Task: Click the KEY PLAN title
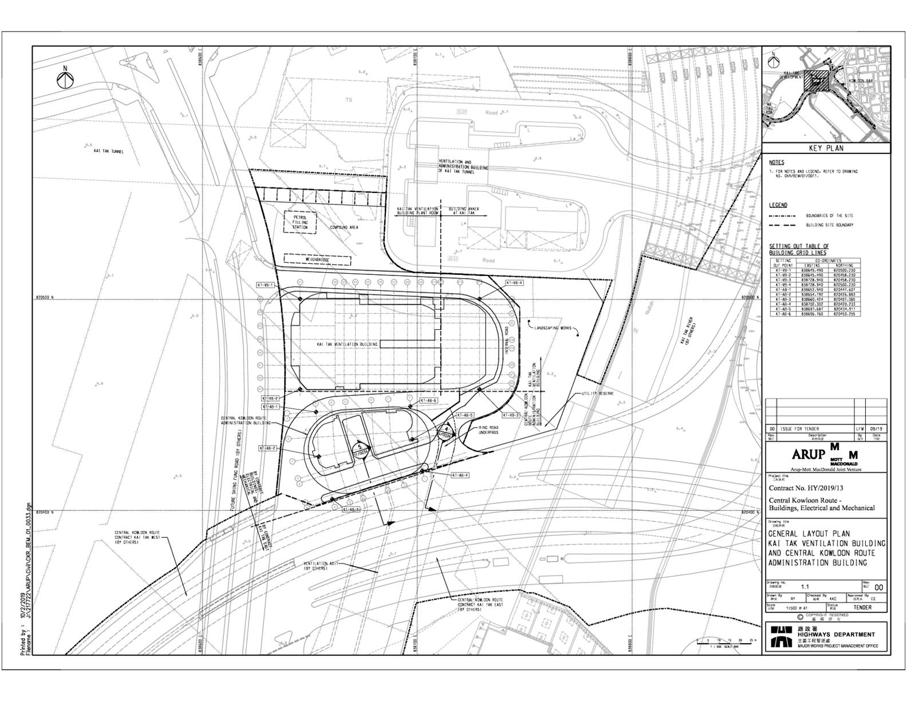(x=826, y=148)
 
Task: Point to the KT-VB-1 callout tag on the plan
(x=267, y=285)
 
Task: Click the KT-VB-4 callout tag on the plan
(x=514, y=283)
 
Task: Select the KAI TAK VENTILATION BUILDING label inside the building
(x=347, y=344)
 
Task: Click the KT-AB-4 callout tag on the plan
(x=460, y=475)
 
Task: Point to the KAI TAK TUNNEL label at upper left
(x=109, y=151)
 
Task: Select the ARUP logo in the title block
(x=809, y=454)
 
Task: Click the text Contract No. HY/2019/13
(x=806, y=488)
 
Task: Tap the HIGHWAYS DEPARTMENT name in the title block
(x=835, y=635)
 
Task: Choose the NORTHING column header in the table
(x=844, y=265)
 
